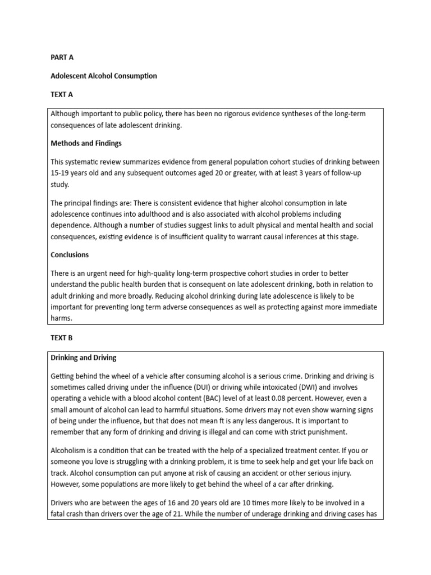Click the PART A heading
coord(62,57)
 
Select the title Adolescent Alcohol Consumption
coord(104,76)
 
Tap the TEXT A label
coord(62,94)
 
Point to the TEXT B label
coord(62,338)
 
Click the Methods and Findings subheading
coord(86,143)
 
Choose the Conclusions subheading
coord(70,254)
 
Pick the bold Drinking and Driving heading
coord(84,357)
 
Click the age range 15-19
coord(61,172)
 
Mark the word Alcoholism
coord(69,451)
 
